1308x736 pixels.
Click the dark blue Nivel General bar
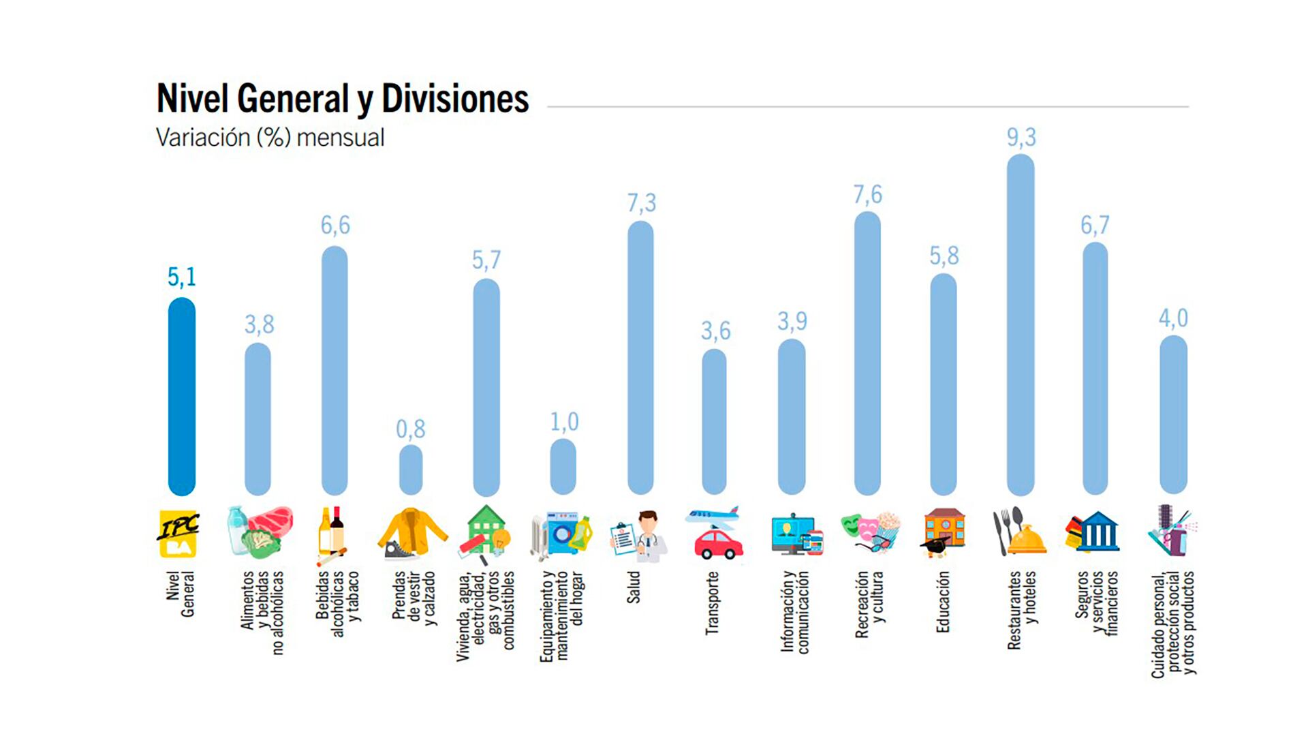182,397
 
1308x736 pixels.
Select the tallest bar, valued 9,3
1021,324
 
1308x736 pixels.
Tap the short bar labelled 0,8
411,470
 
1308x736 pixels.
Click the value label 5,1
182,277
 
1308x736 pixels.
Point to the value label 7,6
867,195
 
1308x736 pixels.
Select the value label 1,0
564,422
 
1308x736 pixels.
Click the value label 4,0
1173,318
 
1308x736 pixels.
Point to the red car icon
718,545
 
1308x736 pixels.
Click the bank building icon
1097,532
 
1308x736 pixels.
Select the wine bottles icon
332,532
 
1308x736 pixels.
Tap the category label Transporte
712,603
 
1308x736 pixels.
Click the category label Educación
943,602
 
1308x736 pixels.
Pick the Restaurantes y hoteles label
1022,609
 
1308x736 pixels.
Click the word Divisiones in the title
454,99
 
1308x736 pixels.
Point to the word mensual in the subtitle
341,138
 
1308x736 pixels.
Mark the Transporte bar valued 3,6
714,422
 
